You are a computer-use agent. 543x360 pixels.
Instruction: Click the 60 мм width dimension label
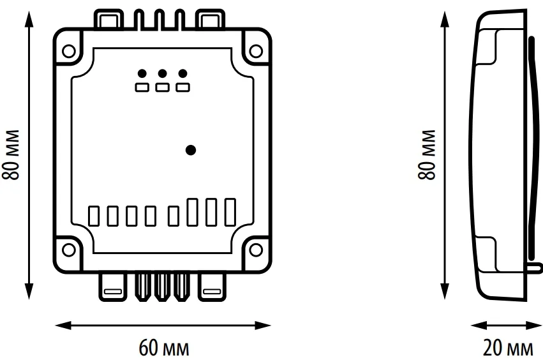pyautogui.click(x=164, y=349)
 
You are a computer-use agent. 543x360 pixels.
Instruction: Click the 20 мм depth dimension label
pyautogui.click(x=509, y=349)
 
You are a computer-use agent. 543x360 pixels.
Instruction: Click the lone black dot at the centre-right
pyautogui.click(x=190, y=151)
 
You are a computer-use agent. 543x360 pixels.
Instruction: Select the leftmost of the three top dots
pyautogui.click(x=142, y=73)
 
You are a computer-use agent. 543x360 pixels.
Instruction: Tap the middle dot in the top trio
pyautogui.click(x=162, y=73)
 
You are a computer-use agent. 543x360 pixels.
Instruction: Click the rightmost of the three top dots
pyautogui.click(x=183, y=73)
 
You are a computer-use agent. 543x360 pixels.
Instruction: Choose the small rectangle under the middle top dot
pyautogui.click(x=162, y=87)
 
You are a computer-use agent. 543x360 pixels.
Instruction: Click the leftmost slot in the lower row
pyautogui.click(x=93, y=215)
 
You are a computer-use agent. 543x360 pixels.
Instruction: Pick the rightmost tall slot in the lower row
pyautogui.click(x=230, y=212)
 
